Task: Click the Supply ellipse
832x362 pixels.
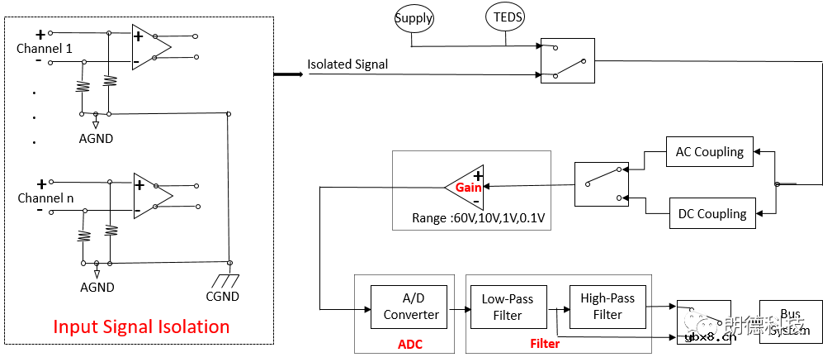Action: pos(414,18)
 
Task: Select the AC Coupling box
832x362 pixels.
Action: pos(709,152)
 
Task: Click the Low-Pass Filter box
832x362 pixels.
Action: pos(508,307)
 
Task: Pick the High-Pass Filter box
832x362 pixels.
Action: pos(607,307)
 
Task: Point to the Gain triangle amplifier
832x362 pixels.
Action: pos(465,188)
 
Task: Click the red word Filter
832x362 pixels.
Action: pos(545,344)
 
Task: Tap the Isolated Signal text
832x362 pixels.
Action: pos(347,64)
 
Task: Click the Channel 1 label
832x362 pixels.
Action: pos(45,49)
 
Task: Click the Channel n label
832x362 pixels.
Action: pos(45,198)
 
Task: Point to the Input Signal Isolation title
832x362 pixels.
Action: pos(141,326)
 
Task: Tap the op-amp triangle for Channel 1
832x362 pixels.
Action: pos(149,46)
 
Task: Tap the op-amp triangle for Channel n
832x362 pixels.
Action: pos(150,196)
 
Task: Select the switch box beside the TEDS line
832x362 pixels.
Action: pos(567,60)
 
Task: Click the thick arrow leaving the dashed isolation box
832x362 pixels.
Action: pos(288,74)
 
